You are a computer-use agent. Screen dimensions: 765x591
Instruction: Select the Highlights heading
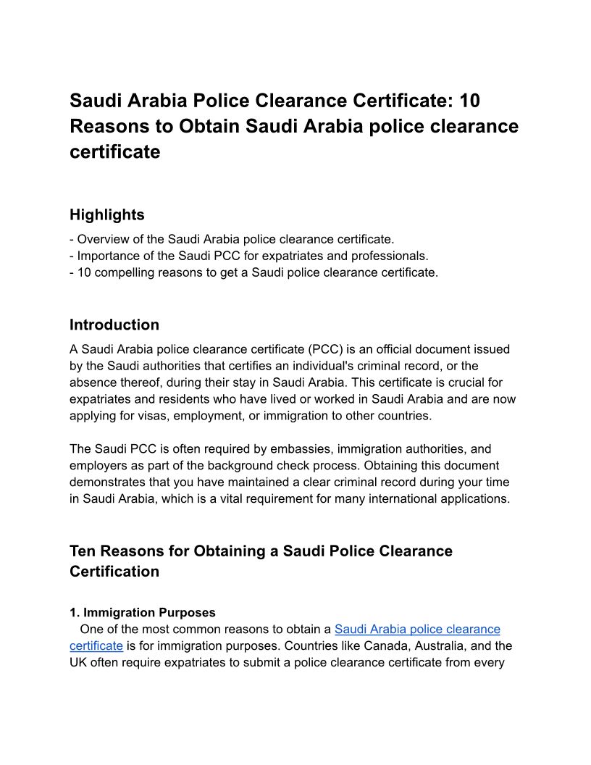click(107, 214)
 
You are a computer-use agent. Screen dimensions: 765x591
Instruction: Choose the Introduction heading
click(114, 325)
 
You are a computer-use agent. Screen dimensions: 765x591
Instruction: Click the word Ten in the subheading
click(84, 551)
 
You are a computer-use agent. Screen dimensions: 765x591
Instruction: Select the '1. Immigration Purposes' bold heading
click(143, 613)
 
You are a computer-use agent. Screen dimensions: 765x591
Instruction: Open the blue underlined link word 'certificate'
click(96, 645)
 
